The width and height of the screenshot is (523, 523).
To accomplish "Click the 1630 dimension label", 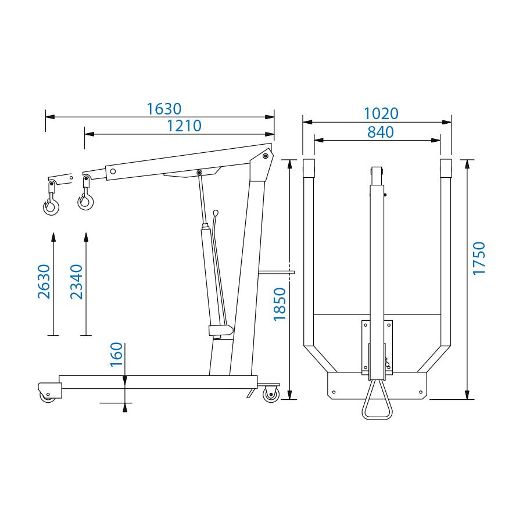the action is click(x=164, y=109).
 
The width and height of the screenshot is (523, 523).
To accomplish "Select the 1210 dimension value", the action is click(x=184, y=126).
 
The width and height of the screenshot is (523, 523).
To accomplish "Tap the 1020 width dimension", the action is click(x=381, y=114).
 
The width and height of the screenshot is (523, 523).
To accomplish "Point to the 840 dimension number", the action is click(x=381, y=132).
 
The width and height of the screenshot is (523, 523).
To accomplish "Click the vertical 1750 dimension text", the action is click(x=479, y=259).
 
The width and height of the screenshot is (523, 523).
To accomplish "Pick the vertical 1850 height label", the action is click(x=280, y=304).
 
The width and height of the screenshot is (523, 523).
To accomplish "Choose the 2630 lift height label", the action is click(x=44, y=281).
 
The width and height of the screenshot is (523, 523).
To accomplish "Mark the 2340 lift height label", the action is click(x=76, y=281).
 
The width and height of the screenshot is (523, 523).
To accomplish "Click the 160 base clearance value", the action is click(x=116, y=354).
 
